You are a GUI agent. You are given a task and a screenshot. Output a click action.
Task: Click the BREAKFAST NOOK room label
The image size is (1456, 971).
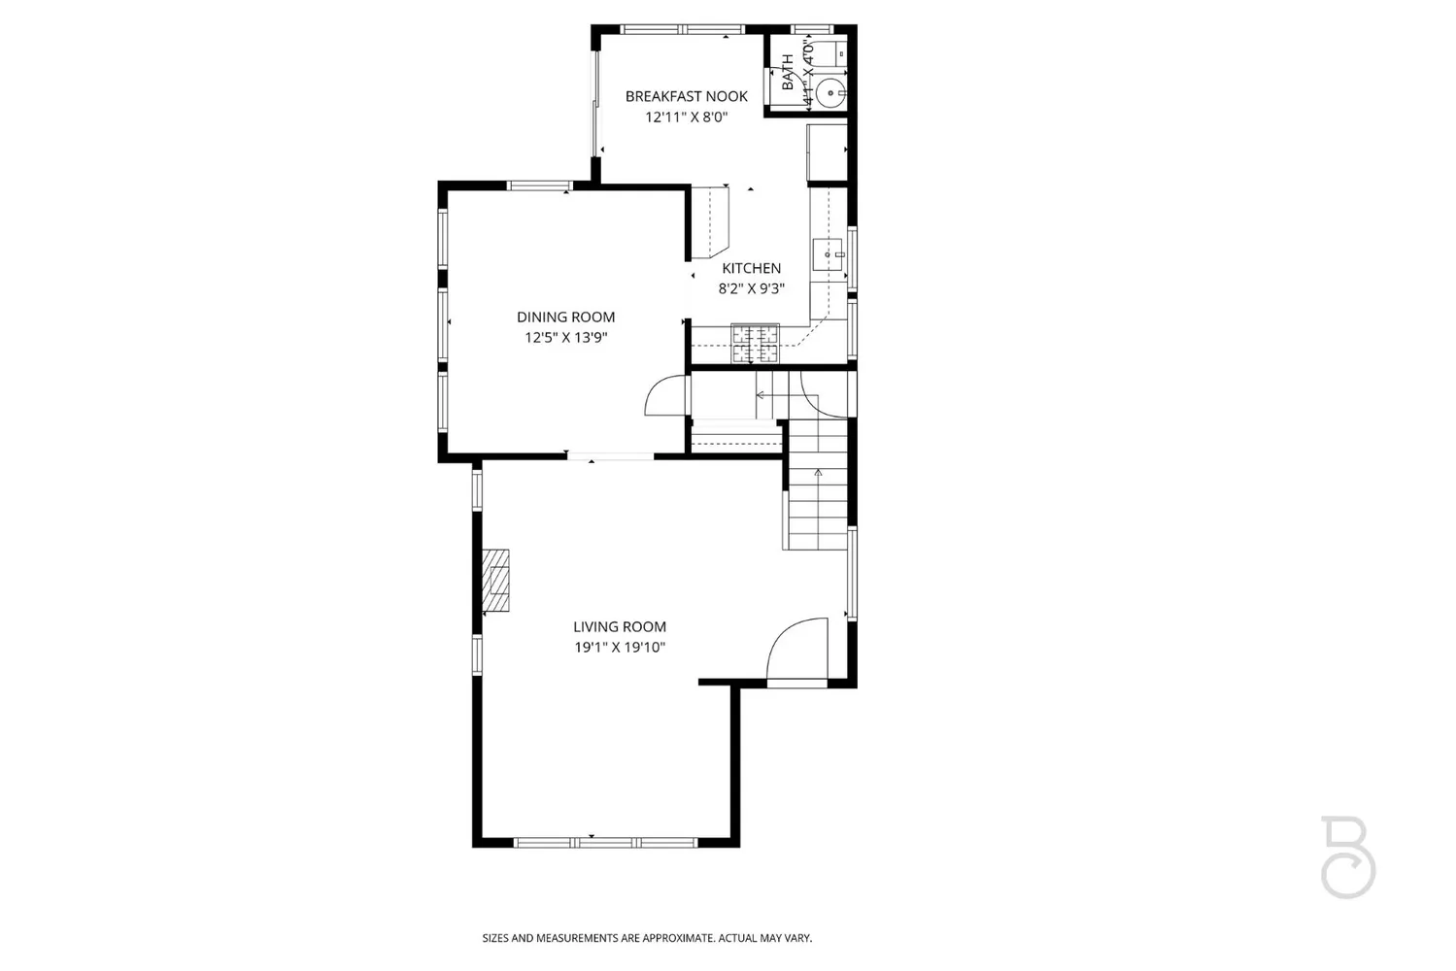pyautogui.click(x=686, y=96)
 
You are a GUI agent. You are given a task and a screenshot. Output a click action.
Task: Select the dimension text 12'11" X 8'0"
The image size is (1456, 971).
pyautogui.click(x=686, y=117)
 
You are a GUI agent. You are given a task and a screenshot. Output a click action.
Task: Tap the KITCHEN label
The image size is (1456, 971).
pyautogui.click(x=751, y=268)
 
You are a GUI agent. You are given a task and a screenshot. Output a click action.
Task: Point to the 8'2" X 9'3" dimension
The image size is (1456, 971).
pyautogui.click(x=751, y=288)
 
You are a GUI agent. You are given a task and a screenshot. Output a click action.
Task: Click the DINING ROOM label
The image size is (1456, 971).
pyautogui.click(x=565, y=317)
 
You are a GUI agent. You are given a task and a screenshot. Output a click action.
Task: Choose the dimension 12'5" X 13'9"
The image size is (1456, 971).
pyautogui.click(x=565, y=338)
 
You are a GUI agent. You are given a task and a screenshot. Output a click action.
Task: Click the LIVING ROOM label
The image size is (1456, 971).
pyautogui.click(x=619, y=627)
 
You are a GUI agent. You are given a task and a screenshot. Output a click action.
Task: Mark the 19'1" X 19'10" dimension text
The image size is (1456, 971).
pyautogui.click(x=619, y=648)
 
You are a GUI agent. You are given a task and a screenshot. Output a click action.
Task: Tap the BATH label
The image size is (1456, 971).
pyautogui.click(x=787, y=72)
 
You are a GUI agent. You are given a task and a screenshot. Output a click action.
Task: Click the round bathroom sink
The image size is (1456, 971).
pyautogui.click(x=830, y=93)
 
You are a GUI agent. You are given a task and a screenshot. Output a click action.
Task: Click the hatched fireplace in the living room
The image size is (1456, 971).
pyautogui.click(x=496, y=581)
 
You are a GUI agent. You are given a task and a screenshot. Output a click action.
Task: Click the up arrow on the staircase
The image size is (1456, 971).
pyautogui.click(x=818, y=473)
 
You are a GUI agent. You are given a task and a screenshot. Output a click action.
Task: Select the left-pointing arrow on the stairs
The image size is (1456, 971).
pyautogui.click(x=761, y=395)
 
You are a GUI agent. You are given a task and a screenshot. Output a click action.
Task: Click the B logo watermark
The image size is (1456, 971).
pyautogui.click(x=1347, y=856)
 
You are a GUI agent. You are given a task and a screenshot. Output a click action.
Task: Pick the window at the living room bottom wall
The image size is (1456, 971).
pyautogui.click(x=605, y=842)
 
